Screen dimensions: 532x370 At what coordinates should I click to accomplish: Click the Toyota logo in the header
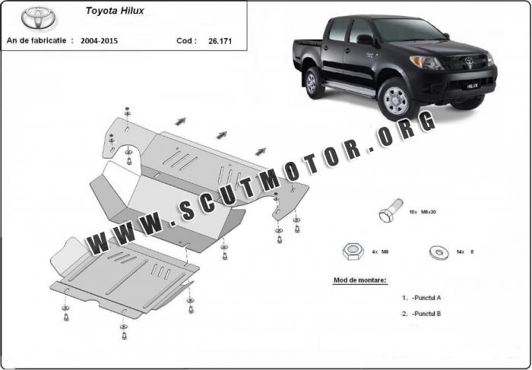39,18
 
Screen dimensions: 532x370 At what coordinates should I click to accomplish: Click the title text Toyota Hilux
115,11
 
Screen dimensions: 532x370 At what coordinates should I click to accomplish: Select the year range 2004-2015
99,41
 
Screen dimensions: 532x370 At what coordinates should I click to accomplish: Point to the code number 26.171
220,41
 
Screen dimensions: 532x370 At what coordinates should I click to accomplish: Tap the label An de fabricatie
40,41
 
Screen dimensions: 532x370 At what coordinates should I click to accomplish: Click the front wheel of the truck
397,100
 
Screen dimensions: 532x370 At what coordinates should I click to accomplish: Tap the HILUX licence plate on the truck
473,86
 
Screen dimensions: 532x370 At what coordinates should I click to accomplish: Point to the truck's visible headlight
426,62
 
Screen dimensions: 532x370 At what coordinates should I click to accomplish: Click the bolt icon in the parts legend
391,210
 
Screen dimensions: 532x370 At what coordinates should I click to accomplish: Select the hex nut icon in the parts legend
353,252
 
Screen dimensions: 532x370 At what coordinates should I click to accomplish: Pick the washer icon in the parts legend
439,251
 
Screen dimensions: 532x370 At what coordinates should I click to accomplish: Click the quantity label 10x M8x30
423,212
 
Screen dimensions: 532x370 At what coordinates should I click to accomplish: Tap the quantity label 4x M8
380,252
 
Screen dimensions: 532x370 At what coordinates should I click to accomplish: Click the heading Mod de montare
359,280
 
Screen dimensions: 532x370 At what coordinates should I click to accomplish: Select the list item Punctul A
422,298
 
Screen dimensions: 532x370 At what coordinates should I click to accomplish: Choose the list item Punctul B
422,314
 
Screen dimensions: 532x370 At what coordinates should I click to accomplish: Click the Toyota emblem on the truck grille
469,61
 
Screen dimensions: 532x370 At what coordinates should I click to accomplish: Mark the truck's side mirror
365,40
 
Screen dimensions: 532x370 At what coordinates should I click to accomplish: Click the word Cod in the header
186,41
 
